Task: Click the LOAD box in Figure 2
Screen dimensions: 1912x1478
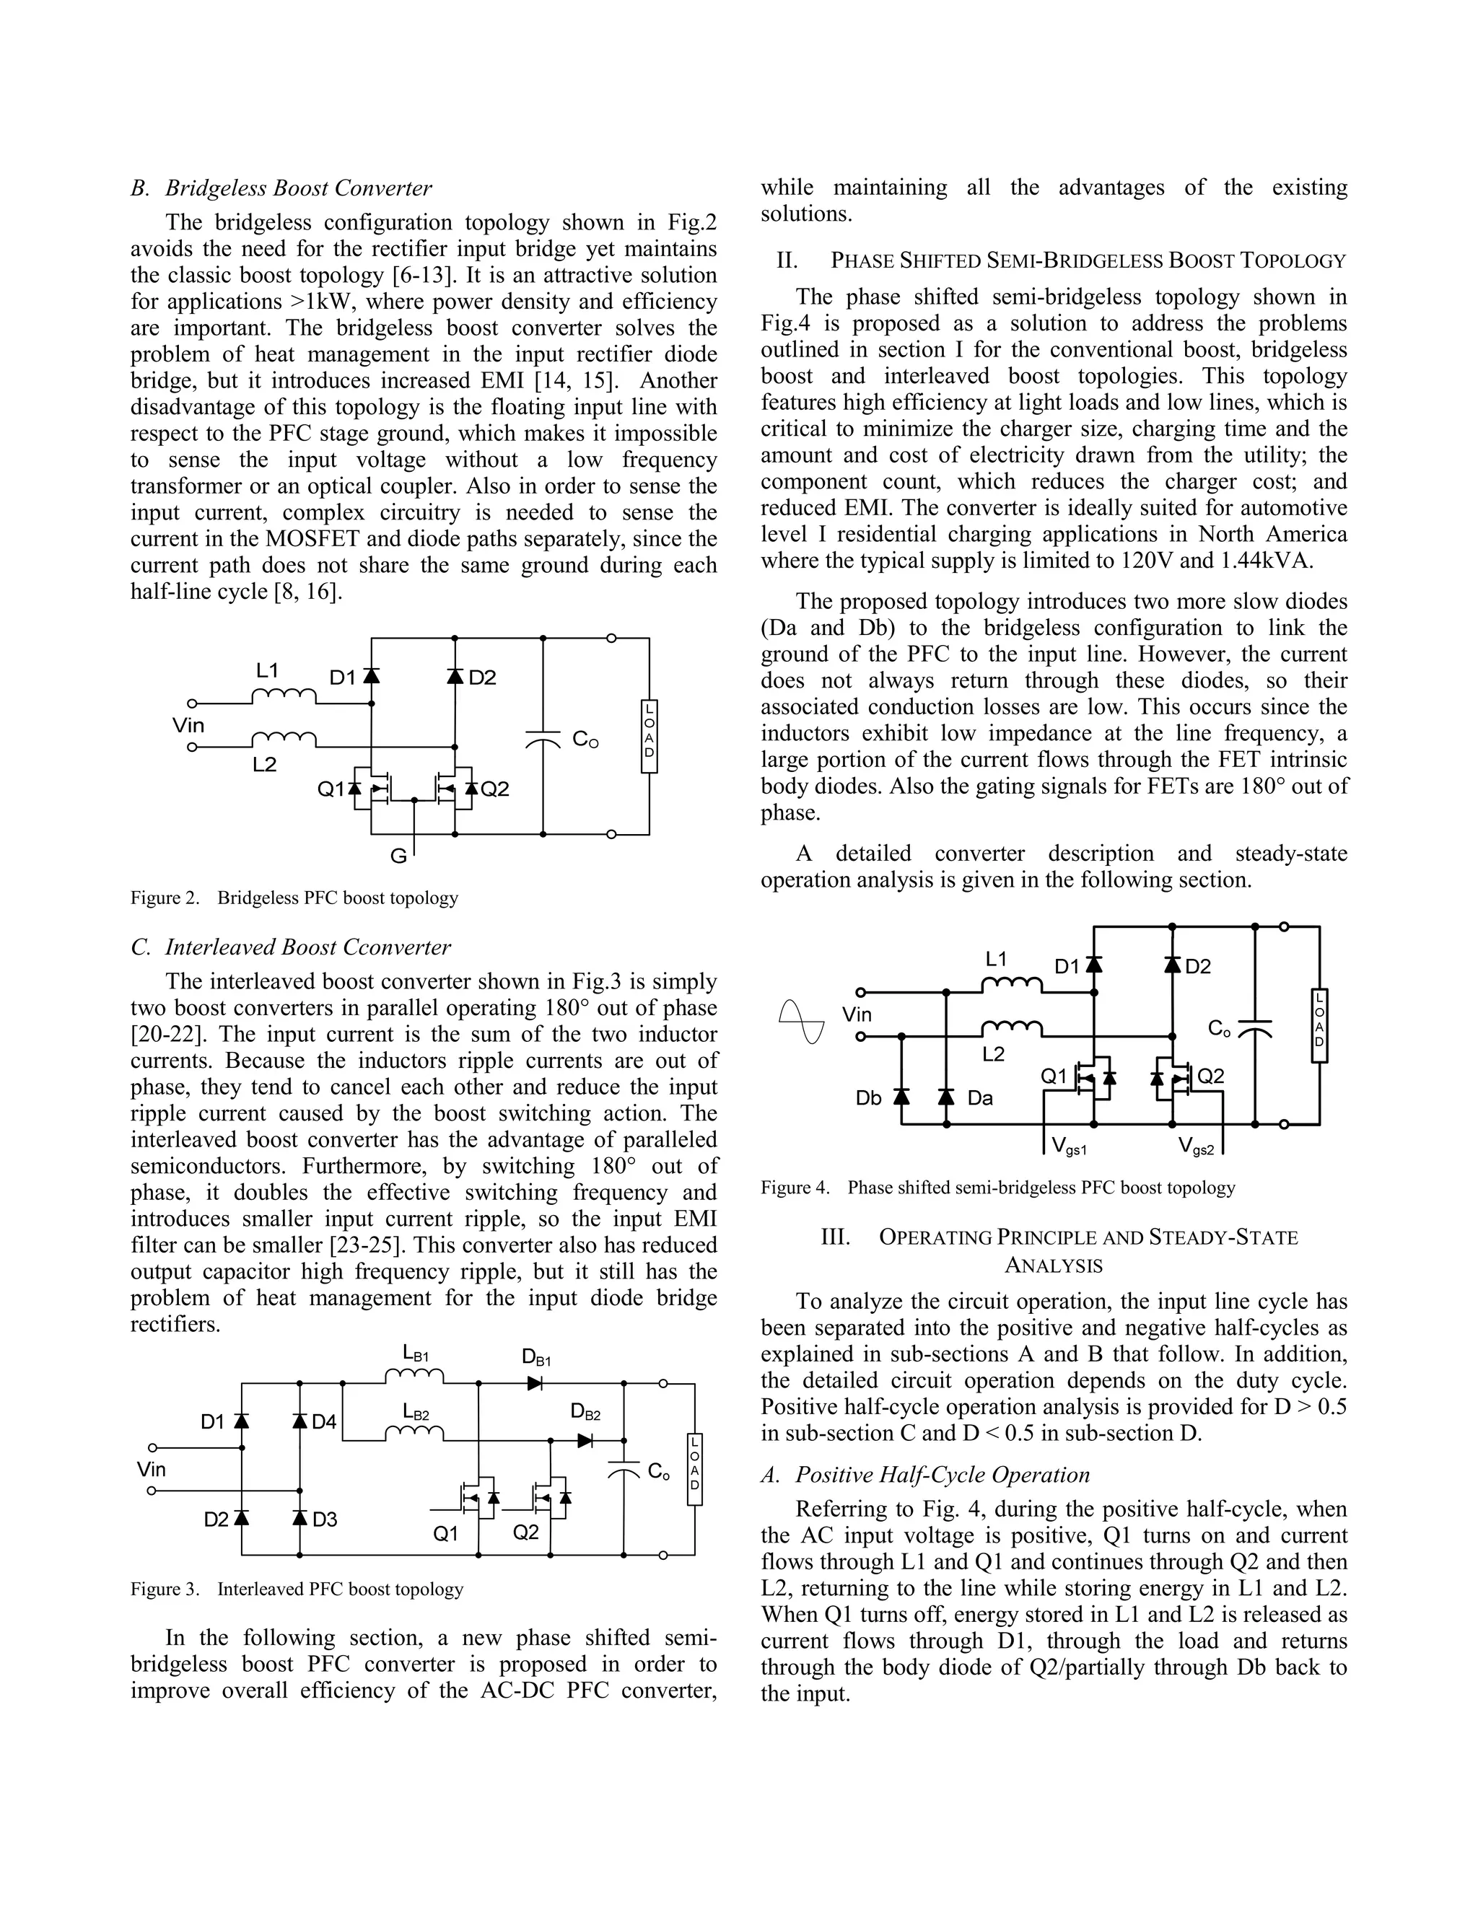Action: [x=649, y=735]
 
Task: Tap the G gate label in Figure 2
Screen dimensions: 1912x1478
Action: [x=398, y=857]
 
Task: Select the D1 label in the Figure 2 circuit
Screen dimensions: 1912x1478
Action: [x=342, y=677]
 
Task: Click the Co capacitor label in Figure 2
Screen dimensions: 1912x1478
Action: [x=585, y=740]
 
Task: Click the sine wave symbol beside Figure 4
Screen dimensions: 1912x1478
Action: [x=801, y=1021]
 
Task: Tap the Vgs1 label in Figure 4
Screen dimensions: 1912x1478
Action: [x=1068, y=1146]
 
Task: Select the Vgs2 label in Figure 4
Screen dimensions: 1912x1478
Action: [x=1196, y=1146]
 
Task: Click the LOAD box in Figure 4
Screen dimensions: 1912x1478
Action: [x=1319, y=1025]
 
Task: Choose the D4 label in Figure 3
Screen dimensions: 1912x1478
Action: [x=324, y=1422]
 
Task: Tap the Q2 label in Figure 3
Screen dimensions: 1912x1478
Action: [x=525, y=1532]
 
